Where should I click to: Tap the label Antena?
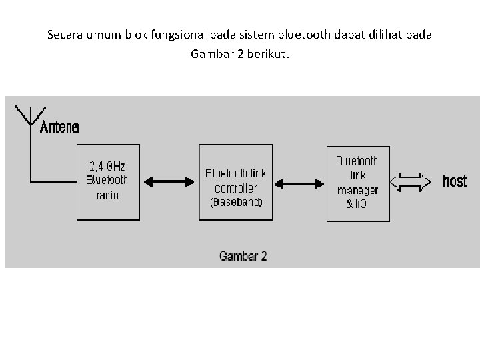[60, 127]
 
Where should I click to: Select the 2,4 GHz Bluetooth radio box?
[107, 182]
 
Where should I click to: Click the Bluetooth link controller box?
[235, 182]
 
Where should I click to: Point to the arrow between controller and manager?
[299, 182]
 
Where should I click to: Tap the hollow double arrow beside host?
[411, 181]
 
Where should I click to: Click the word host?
[455, 181]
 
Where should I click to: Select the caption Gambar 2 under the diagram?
[243, 256]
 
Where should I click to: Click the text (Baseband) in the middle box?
[236, 202]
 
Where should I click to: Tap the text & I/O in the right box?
[357, 203]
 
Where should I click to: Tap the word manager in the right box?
[357, 189]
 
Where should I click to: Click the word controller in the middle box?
[236, 187]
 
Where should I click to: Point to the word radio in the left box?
[107, 195]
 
